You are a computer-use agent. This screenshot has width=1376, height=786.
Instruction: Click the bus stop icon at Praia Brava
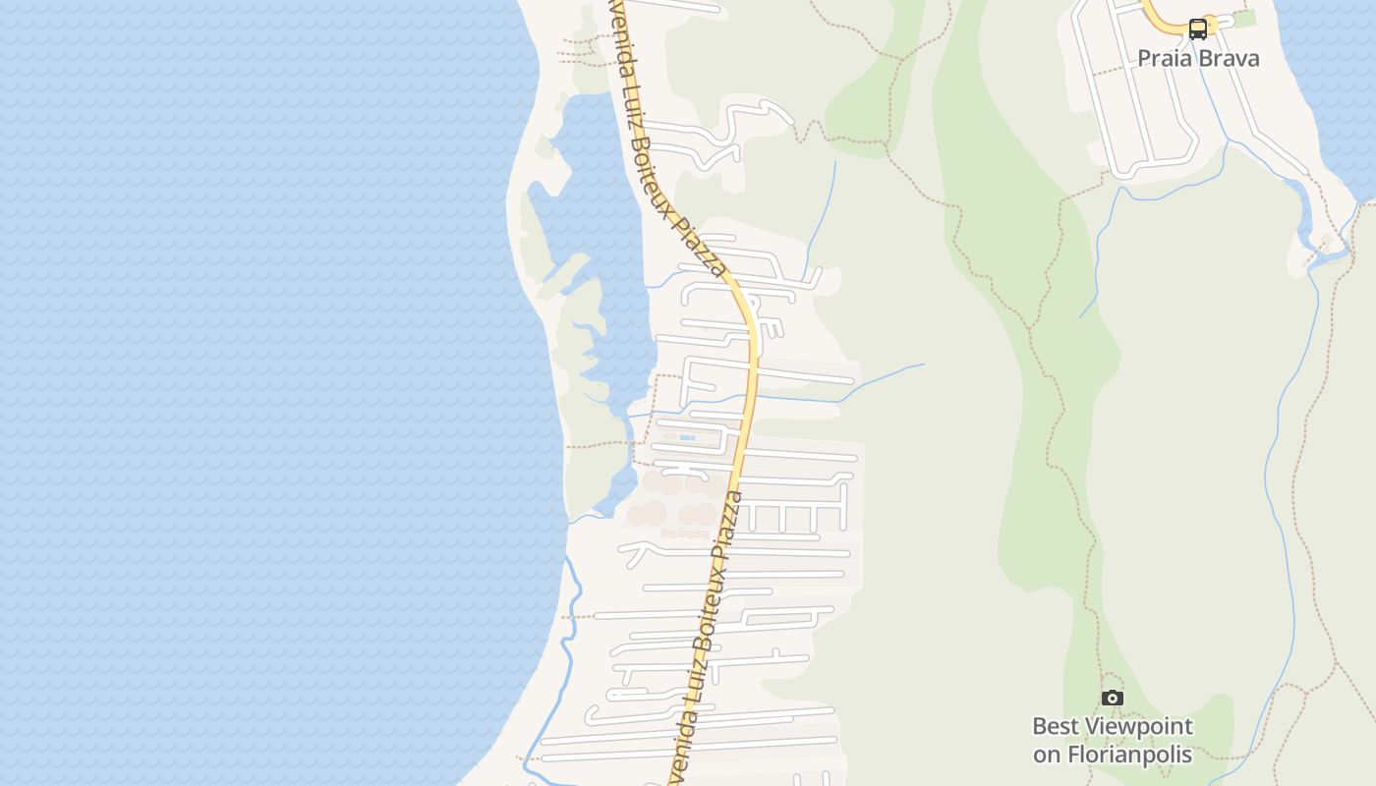coord(1197,28)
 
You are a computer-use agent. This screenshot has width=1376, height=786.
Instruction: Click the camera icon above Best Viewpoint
coord(1112,698)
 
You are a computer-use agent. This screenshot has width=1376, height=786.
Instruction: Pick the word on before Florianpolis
coord(1047,755)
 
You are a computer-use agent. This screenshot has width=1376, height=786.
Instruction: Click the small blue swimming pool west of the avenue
coord(687,437)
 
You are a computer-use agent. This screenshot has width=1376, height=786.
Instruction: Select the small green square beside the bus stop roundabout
coord(1244,19)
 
